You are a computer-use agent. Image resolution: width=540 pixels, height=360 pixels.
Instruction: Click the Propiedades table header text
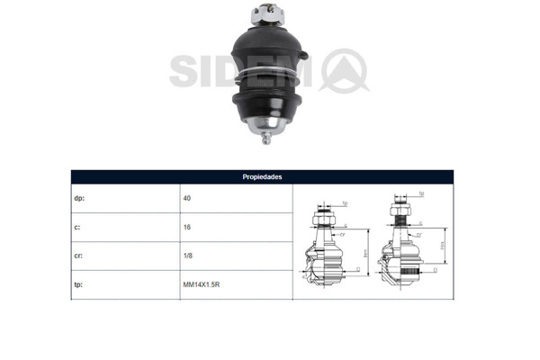click(x=262, y=177)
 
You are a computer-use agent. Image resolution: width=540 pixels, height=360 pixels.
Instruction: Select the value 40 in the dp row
click(x=186, y=198)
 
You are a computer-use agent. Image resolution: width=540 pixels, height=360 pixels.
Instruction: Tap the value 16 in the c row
click(x=186, y=228)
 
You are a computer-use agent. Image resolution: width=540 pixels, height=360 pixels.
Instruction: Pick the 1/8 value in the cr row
click(x=186, y=256)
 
